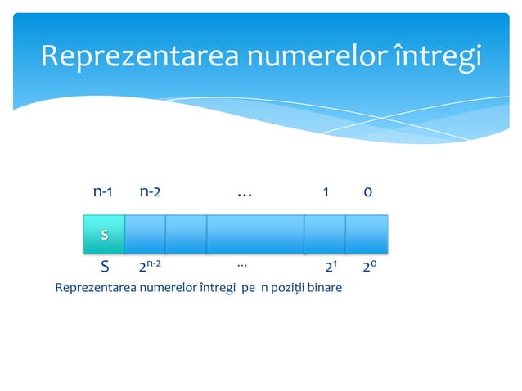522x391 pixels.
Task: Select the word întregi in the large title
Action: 439,56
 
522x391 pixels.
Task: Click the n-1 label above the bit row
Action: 102,192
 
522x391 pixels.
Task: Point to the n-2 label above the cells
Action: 150,192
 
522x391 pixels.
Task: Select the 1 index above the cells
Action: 326,192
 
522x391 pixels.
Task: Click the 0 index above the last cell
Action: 368,192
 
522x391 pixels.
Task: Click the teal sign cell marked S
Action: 104,235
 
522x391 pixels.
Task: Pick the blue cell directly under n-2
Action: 145,235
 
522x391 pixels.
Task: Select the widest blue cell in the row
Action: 254,235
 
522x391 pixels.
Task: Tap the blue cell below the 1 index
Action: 324,235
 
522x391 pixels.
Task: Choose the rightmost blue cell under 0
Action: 366,235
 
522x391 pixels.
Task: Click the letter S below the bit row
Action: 104,267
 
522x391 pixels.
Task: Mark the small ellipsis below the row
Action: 242,265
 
